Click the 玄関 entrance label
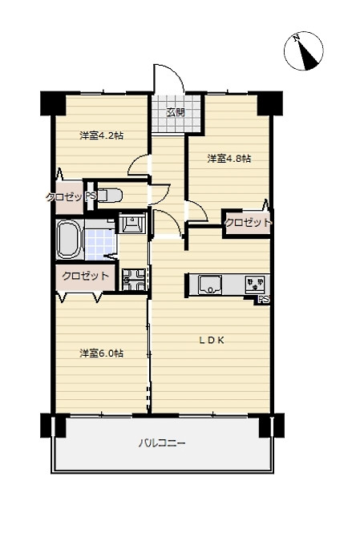pos(176,112)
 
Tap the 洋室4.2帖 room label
pos(101,135)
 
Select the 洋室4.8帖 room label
pos(229,159)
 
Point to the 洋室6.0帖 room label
pos(101,353)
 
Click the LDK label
pos(212,341)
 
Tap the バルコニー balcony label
pos(162,443)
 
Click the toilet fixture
pos(110,196)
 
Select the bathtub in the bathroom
pos(69,240)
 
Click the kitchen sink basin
pos(210,285)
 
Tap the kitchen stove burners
pos(255,285)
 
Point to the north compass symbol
pos(304,51)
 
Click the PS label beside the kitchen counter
pos(264,300)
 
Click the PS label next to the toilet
pos(91,196)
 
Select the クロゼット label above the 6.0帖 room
pos(85,276)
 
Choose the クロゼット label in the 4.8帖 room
pos(249,223)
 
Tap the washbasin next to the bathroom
pos(132,223)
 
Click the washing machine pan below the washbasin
pos(134,280)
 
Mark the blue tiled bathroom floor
pos(100,244)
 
